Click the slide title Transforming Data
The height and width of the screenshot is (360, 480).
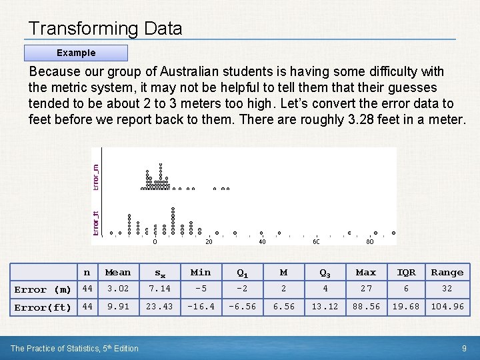(x=105, y=29)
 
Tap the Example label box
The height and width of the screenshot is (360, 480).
(x=75, y=53)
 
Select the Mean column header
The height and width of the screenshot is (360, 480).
(x=118, y=272)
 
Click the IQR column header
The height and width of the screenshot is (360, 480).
(x=406, y=272)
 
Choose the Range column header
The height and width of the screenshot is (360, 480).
(x=447, y=272)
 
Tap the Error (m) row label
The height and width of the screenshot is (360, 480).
(x=43, y=289)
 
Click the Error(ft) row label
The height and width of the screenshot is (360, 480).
(x=43, y=307)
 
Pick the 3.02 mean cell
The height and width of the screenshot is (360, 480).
(x=118, y=289)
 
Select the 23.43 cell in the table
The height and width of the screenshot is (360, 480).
(x=160, y=307)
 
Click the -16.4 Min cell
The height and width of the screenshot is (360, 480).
(x=201, y=307)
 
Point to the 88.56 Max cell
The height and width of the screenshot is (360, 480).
(x=365, y=307)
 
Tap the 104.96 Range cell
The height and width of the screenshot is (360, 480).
(x=447, y=307)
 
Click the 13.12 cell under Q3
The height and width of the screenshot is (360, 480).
(x=325, y=307)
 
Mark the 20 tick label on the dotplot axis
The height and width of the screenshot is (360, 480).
(x=209, y=242)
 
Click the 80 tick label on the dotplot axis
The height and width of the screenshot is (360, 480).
(x=369, y=242)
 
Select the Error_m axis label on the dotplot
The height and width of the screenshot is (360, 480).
(x=95, y=177)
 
